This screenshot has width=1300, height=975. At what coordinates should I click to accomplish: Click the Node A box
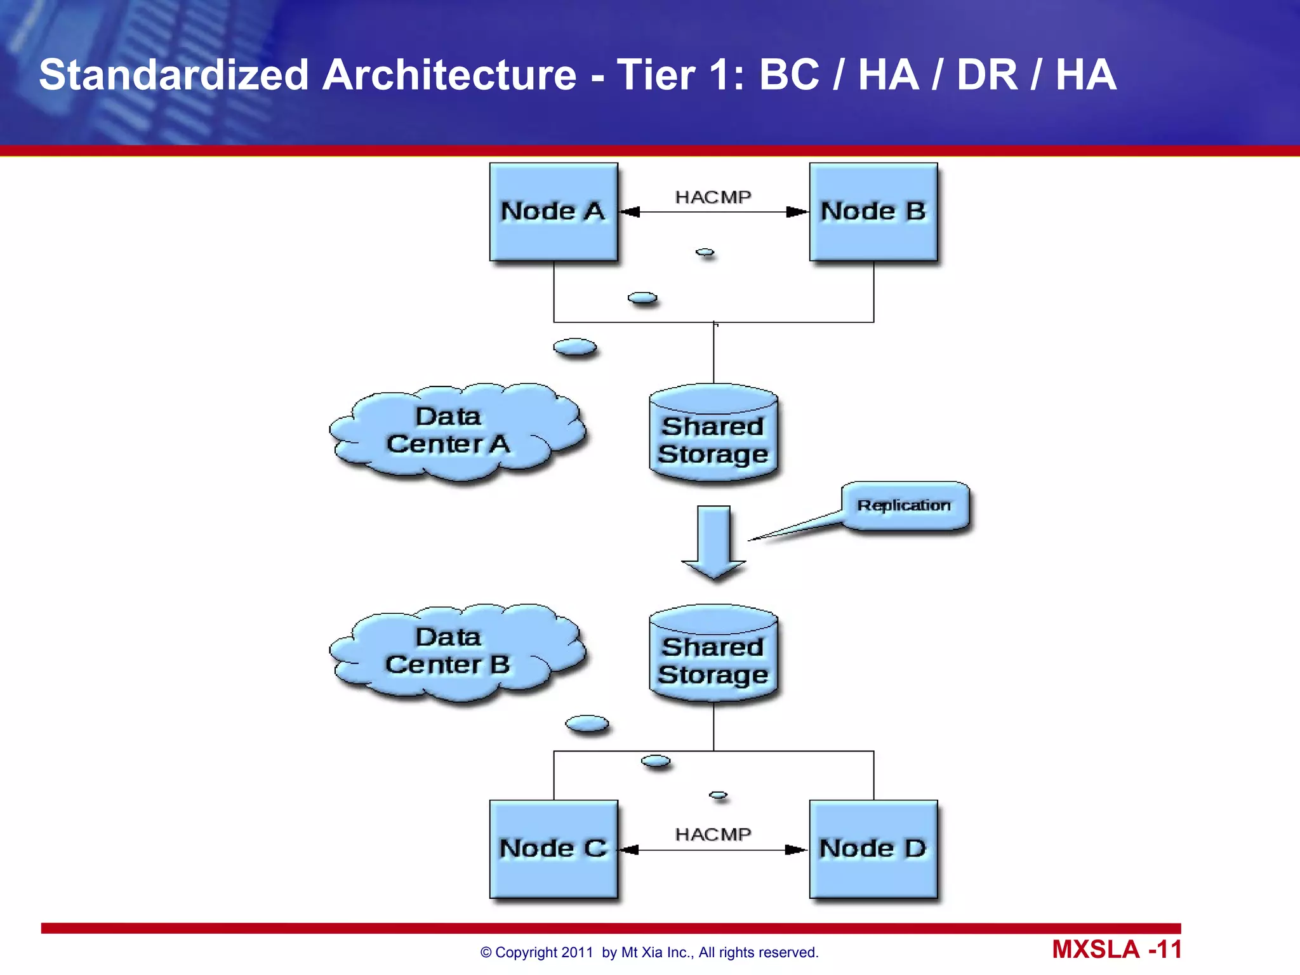[554, 212]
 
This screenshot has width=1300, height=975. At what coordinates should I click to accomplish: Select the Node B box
[873, 212]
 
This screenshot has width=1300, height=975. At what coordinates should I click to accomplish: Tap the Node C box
[554, 849]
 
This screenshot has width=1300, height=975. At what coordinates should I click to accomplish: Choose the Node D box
[873, 849]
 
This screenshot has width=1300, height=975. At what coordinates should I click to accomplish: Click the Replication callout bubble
[905, 505]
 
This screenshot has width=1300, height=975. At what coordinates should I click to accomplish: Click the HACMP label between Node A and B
[713, 197]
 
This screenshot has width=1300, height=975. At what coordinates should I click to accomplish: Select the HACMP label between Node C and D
[713, 834]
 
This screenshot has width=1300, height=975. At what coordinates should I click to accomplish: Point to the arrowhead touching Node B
[797, 212]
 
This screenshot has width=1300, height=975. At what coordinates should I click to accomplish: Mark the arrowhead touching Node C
[629, 850]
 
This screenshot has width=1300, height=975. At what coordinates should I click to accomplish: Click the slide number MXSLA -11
[1117, 950]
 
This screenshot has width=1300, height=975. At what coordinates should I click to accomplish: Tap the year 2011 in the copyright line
[576, 952]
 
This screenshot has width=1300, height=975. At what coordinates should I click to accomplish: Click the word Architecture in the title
[449, 75]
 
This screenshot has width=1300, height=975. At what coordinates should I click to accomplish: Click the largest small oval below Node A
[575, 347]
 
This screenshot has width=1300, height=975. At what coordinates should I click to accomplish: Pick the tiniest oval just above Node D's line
[718, 795]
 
